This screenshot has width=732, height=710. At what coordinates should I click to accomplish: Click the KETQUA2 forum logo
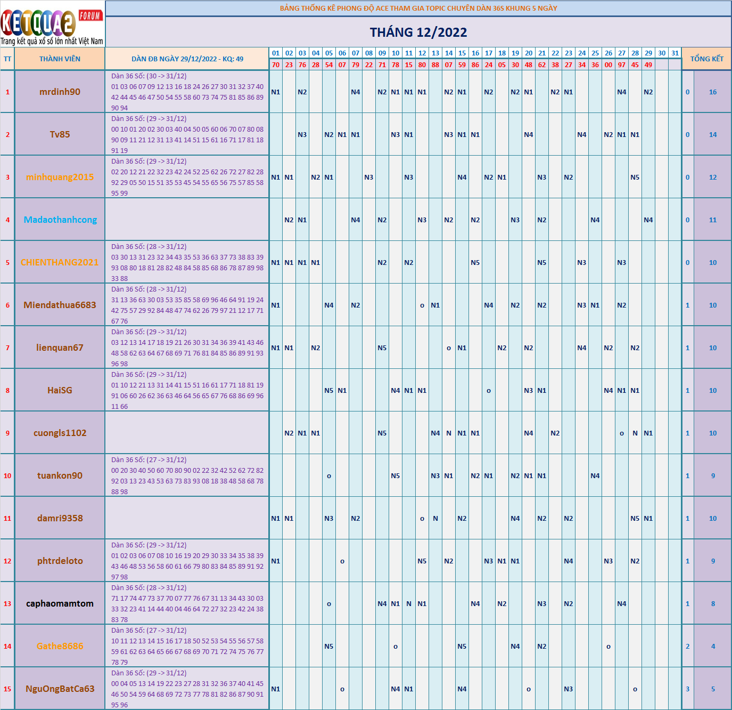pos(52,25)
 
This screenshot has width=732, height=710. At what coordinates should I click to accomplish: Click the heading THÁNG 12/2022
pos(418,33)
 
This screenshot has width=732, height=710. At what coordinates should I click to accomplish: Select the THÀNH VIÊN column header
pos(60,59)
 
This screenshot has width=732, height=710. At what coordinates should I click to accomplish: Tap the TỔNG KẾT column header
pos(706,59)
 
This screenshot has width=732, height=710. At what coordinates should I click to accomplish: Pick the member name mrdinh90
pos(60,92)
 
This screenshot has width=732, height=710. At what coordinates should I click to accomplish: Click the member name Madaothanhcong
pos(60,220)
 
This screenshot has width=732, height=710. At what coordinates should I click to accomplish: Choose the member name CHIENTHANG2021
pos(60,262)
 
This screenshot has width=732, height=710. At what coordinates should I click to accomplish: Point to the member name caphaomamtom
pos(60,603)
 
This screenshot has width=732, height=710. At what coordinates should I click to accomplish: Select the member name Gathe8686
pos(60,646)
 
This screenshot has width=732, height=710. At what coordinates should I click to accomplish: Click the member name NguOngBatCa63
pos(60,689)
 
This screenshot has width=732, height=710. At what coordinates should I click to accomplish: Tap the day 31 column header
pos(675,53)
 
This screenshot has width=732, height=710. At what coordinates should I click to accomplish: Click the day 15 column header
pos(462,53)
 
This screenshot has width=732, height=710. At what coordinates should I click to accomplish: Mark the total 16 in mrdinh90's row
pos(713,92)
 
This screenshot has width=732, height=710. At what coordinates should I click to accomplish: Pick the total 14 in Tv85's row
pos(713,135)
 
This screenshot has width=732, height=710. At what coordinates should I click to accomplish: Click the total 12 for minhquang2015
pos(713,177)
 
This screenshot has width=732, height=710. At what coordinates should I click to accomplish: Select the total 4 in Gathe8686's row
pos(713,647)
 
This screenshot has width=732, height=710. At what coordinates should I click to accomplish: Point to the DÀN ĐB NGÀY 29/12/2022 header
pos(187,59)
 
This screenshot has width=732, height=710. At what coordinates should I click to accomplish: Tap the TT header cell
pos(7,59)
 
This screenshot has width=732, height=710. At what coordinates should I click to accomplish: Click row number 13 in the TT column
pos(7,604)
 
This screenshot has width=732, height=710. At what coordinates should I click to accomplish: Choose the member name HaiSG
pos(60,390)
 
